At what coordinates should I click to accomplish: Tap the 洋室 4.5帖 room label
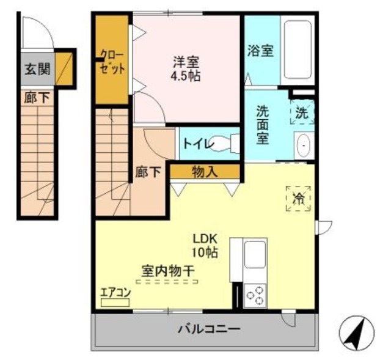tap(186, 69)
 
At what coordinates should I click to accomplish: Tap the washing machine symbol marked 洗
tap(302, 112)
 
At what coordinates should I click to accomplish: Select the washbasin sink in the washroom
tap(303, 147)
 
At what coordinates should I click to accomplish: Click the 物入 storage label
tap(204, 172)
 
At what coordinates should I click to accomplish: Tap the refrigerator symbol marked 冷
tap(299, 198)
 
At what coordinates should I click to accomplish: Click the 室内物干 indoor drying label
tap(168, 269)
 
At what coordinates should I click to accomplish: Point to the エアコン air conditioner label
tap(115, 292)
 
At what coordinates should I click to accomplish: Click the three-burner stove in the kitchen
tap(254, 295)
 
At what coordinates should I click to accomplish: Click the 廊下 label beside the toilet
tap(148, 173)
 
